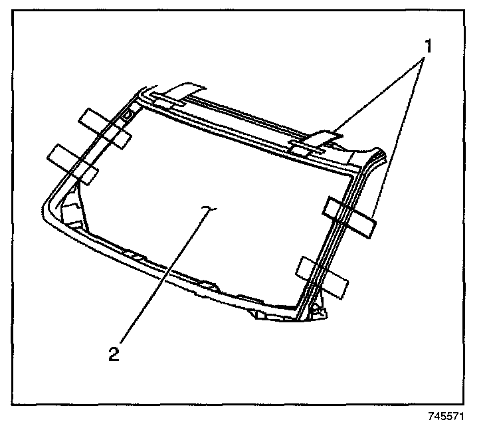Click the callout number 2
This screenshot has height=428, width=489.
click(115, 353)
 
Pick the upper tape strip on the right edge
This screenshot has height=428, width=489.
click(349, 216)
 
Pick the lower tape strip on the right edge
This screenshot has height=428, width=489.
click(322, 275)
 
